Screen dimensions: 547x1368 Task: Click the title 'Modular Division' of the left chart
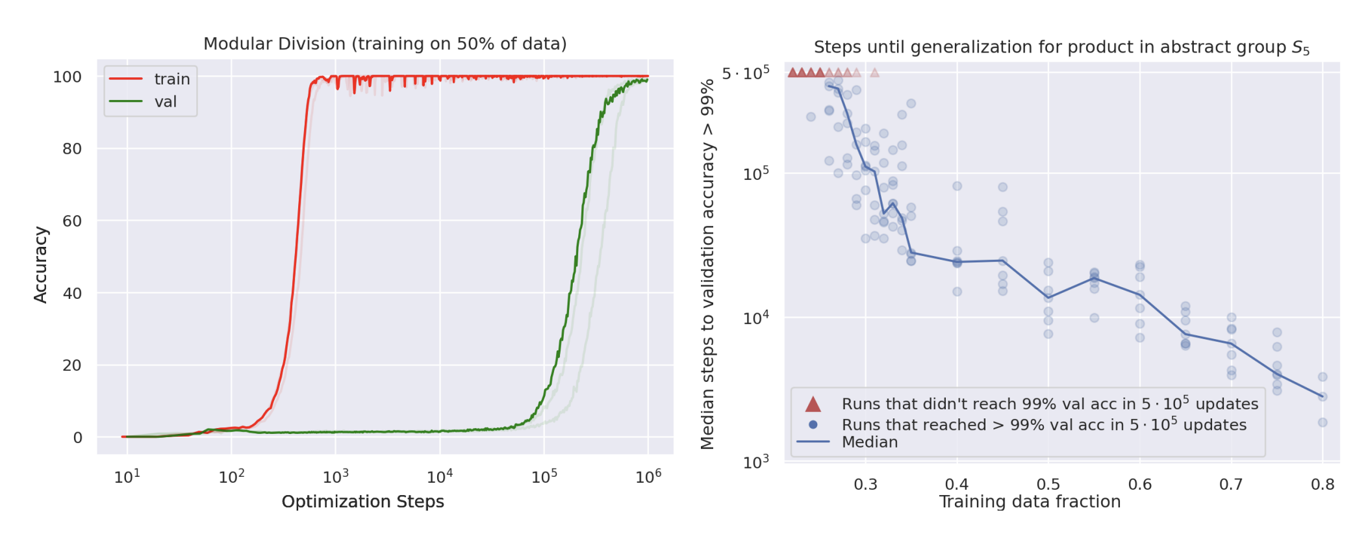(x=385, y=44)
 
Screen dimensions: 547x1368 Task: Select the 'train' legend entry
(x=171, y=79)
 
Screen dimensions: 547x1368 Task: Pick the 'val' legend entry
(x=165, y=102)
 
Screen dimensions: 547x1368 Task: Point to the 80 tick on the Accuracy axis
(x=71, y=149)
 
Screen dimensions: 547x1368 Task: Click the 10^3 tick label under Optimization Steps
(x=336, y=477)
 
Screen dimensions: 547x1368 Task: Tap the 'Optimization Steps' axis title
(x=362, y=502)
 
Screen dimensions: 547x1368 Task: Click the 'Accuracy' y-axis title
(x=40, y=264)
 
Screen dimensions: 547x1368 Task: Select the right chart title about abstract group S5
(x=1061, y=47)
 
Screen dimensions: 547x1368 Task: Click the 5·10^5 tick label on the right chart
(x=745, y=73)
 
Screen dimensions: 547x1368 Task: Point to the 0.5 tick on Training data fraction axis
(x=1048, y=485)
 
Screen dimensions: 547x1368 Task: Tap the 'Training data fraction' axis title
(x=1030, y=502)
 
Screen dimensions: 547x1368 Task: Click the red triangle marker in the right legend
(x=813, y=404)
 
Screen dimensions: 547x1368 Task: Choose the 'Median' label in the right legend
(x=870, y=442)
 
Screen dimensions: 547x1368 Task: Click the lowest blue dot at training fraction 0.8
(x=1322, y=422)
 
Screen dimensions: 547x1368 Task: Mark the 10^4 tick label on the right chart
(x=755, y=318)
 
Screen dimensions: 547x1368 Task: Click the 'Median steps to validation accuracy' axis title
(x=707, y=264)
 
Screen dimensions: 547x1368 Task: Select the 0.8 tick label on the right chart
(x=1322, y=485)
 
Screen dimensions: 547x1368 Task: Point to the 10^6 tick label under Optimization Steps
(x=648, y=477)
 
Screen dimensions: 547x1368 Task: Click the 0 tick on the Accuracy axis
(x=77, y=437)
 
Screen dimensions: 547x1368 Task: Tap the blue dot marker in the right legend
(x=813, y=425)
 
